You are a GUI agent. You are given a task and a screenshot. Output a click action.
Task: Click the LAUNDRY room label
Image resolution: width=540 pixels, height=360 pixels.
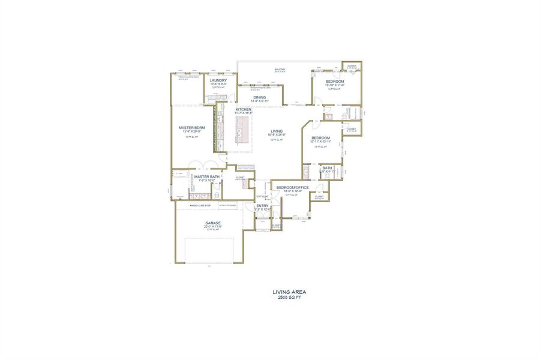point(218,80)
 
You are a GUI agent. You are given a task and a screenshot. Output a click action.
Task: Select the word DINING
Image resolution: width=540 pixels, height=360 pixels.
point(259,97)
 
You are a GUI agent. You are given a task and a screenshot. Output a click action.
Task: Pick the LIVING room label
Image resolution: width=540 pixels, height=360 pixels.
point(276,131)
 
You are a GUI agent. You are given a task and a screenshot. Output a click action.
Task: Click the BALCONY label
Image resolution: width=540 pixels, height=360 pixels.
point(280,70)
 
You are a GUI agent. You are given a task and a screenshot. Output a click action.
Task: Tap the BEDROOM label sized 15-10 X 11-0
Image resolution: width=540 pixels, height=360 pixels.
point(335,81)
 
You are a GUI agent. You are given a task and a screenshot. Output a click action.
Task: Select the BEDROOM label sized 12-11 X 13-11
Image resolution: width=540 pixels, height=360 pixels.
point(320,139)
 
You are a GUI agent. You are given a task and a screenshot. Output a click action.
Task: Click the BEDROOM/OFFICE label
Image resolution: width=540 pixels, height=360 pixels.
point(292,188)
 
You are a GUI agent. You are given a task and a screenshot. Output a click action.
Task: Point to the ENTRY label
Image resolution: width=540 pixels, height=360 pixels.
point(263,206)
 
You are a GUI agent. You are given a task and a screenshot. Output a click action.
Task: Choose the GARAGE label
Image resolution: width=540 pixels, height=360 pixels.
point(213,223)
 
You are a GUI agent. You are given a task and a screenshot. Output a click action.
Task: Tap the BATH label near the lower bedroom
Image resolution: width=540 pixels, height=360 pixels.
point(327,168)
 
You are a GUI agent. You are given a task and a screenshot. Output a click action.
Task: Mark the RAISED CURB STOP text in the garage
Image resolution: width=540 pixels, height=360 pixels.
point(200,205)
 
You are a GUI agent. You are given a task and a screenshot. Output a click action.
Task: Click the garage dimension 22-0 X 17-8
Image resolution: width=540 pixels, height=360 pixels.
point(213,227)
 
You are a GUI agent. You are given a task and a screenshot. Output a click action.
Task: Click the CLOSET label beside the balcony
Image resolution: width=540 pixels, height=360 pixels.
point(351,66)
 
